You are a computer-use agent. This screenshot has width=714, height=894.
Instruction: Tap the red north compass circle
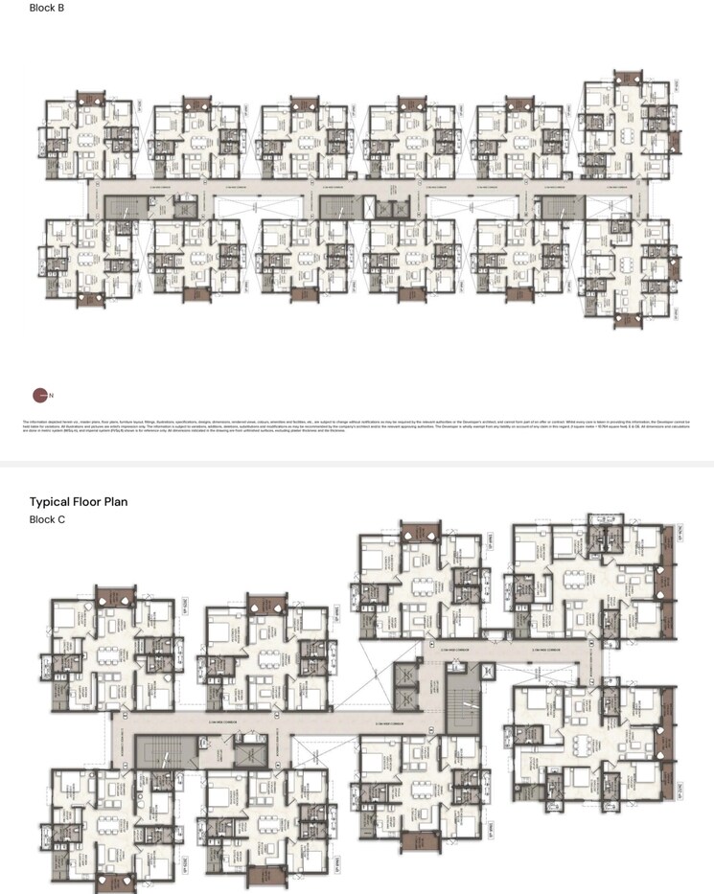pyautogui.click(x=39, y=394)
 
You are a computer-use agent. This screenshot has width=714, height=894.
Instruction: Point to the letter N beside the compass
pyautogui.click(x=51, y=395)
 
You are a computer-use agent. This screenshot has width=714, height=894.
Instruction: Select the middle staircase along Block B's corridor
pyautogui.click(x=335, y=209)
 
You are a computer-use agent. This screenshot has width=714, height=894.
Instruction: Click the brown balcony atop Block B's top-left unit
pyautogui.click(x=90, y=98)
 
